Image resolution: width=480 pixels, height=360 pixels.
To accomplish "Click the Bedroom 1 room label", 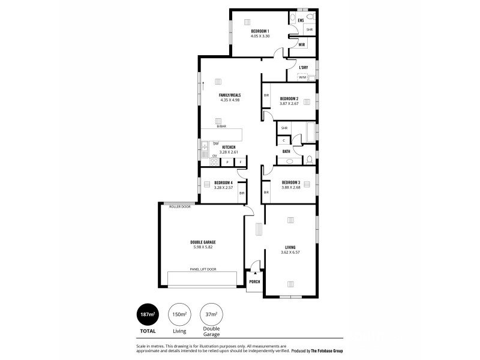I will point(260,31).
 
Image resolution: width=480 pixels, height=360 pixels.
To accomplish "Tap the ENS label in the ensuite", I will point(301,21).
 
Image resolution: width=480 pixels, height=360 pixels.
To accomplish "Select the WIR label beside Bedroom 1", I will point(302,44).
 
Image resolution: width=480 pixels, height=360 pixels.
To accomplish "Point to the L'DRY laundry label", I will point(303,68).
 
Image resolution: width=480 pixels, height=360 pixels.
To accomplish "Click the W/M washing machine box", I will point(302,77).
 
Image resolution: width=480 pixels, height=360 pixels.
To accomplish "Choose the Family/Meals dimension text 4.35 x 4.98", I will point(230,100).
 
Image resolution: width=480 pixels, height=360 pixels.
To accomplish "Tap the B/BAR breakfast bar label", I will point(221,127).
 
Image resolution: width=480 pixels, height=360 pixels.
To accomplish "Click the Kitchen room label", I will point(229,147).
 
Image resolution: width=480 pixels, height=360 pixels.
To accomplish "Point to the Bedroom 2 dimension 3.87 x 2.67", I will point(289,104).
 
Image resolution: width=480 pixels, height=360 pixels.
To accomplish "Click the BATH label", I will point(286,152).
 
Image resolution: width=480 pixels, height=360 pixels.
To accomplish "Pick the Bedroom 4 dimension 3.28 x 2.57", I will point(223,188).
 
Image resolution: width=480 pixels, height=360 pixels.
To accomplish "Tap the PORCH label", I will point(254,281).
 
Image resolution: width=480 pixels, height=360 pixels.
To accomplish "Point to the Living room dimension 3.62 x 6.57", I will point(290,253).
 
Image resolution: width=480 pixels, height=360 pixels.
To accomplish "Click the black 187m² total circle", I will point(148,314).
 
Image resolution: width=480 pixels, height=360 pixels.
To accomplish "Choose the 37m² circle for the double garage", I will point(211,314).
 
